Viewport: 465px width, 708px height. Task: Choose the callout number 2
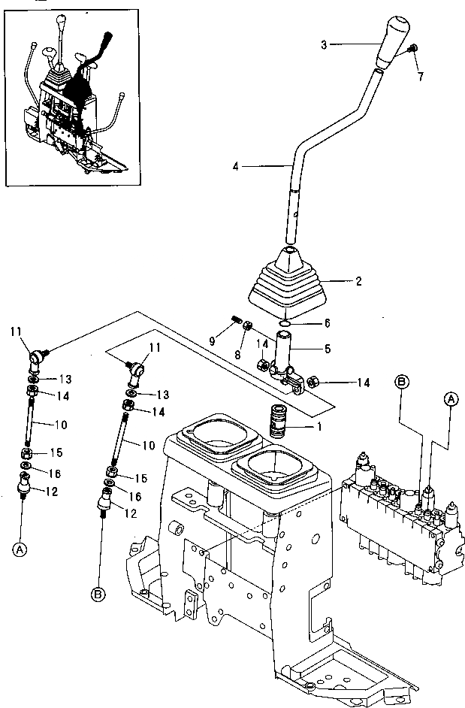(x=358, y=282)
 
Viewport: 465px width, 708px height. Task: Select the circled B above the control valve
(x=402, y=382)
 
